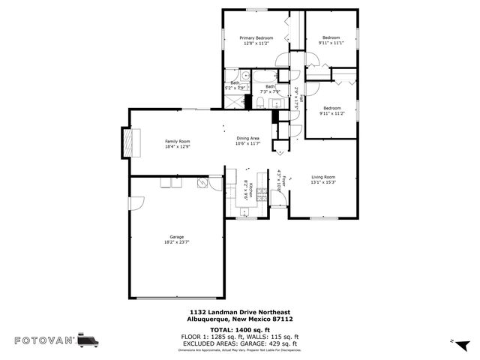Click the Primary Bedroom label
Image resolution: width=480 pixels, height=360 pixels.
256,37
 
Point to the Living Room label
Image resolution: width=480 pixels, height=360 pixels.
323,177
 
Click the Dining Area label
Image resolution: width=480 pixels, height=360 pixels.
247,138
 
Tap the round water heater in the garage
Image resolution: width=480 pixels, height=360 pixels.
201,182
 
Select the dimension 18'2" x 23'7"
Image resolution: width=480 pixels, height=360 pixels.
176,242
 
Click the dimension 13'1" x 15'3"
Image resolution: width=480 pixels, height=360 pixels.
323,182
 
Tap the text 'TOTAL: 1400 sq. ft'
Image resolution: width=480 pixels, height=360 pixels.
240,330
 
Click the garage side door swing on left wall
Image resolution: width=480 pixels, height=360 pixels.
136,203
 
